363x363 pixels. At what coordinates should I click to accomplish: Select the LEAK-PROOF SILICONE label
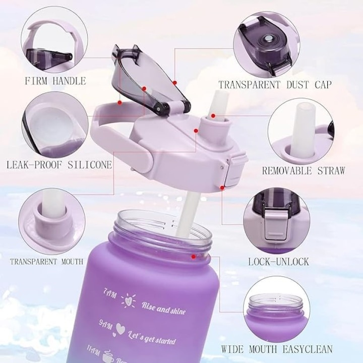tap(59, 164)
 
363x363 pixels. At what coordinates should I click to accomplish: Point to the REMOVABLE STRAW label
tap(303, 170)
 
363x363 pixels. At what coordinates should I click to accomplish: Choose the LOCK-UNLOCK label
tap(278, 262)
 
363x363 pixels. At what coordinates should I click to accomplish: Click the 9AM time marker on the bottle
tap(106, 321)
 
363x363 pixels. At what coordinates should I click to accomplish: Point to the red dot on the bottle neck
tap(193, 257)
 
